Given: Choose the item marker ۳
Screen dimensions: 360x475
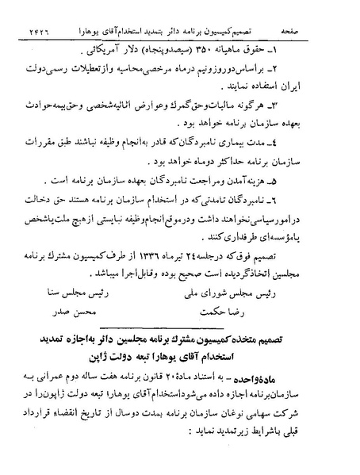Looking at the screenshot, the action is point(329,108).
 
